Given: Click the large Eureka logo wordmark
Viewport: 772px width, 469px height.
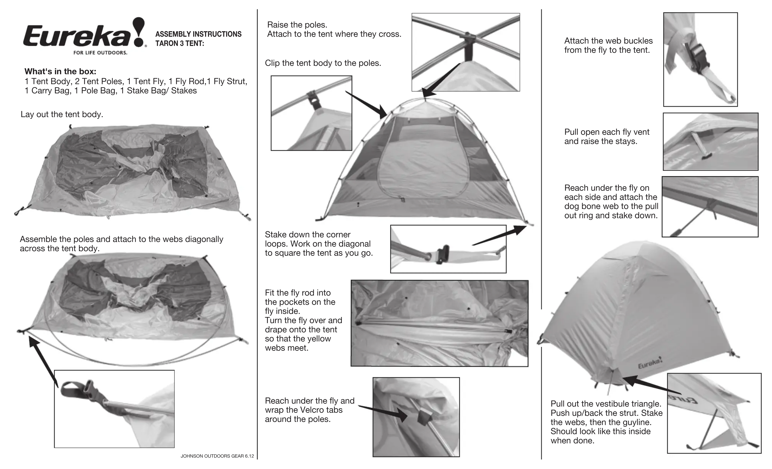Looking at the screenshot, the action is click(x=77, y=36).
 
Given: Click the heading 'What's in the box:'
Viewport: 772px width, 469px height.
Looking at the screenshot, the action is click(x=60, y=71).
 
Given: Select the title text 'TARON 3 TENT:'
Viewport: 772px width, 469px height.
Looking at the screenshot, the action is click(x=180, y=44).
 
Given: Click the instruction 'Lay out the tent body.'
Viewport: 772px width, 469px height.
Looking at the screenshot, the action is click(x=62, y=114).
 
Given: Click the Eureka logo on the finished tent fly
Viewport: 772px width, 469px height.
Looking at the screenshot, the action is click(x=650, y=364).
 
